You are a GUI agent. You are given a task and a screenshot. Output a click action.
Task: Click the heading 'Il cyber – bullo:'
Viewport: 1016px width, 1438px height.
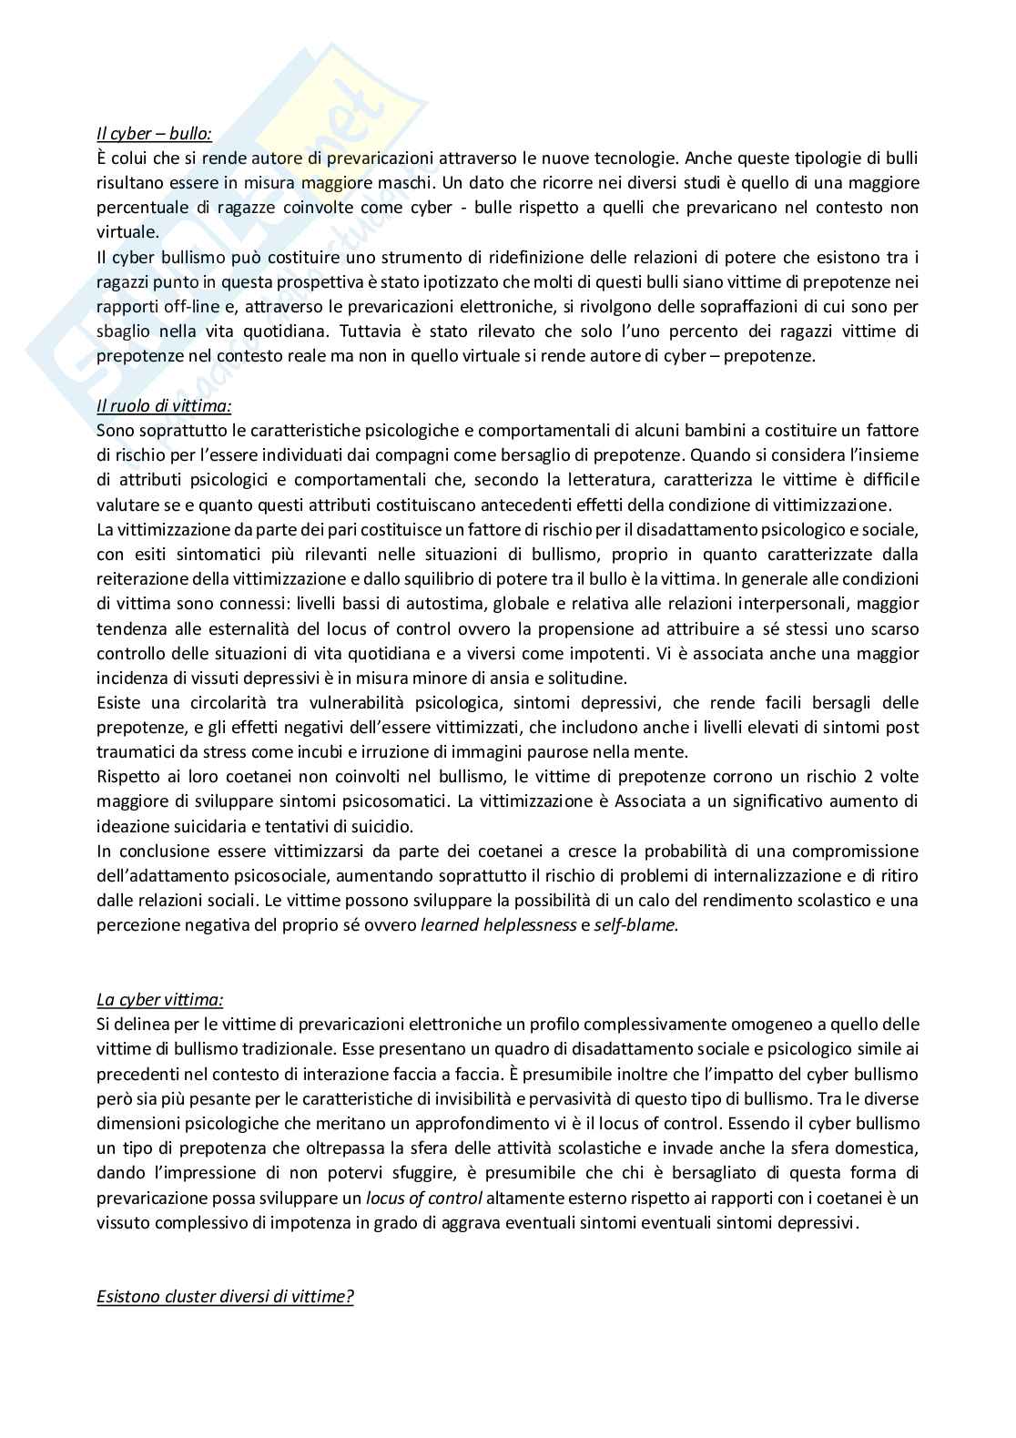(154, 133)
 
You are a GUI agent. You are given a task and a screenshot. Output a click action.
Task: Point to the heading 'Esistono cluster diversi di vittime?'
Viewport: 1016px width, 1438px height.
(225, 1296)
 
